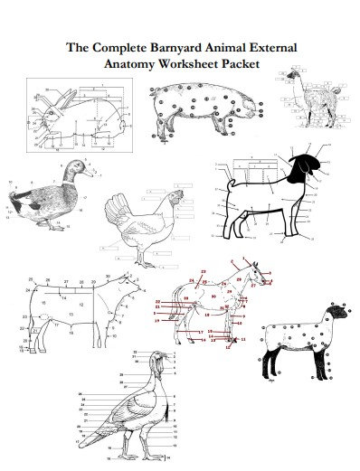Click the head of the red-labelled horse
[261, 271]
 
